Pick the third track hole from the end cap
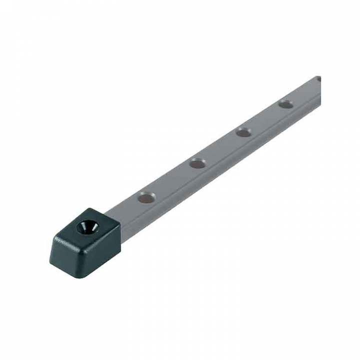243,132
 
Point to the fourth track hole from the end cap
286,104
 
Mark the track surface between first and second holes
173,180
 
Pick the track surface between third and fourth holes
265,118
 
